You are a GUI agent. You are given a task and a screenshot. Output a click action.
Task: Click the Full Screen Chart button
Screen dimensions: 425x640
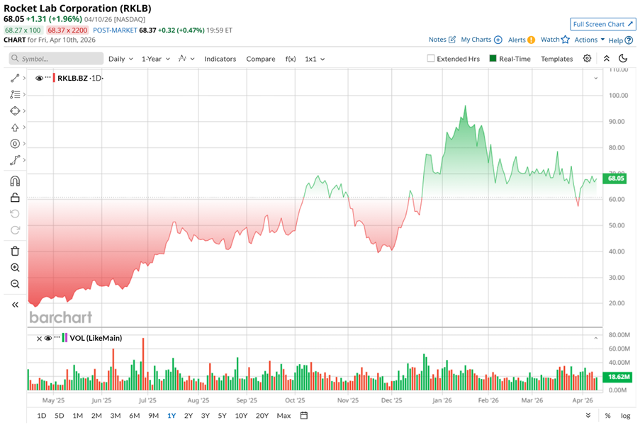click(603, 24)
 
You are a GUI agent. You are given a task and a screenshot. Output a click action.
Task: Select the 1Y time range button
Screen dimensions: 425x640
click(172, 415)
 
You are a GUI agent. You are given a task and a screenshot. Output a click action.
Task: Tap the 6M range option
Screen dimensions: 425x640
click(134, 415)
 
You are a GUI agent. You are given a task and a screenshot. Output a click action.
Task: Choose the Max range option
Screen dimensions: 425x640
click(283, 415)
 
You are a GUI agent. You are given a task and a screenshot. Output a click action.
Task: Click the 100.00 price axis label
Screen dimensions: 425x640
click(619, 96)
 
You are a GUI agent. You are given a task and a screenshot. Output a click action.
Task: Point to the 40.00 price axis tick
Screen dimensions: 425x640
click(619, 251)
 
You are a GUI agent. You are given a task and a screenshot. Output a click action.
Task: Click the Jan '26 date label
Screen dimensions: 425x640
click(443, 399)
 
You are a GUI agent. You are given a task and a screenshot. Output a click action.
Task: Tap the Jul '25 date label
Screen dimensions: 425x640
click(147, 399)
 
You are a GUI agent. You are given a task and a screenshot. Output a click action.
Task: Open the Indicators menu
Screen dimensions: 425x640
click(220, 59)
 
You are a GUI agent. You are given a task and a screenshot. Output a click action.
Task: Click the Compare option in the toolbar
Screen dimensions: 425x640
click(261, 59)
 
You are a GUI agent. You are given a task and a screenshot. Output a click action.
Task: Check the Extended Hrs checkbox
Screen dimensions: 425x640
click(431, 59)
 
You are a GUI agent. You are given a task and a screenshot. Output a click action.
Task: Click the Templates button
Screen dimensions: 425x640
click(556, 59)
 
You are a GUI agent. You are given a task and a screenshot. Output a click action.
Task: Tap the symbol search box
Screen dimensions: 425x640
click(57, 59)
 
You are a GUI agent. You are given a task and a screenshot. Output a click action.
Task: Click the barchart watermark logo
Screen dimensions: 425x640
click(61, 317)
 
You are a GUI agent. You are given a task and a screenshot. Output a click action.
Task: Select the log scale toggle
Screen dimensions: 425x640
click(625, 415)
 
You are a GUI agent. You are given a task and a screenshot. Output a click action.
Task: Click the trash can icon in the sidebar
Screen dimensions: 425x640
click(15, 251)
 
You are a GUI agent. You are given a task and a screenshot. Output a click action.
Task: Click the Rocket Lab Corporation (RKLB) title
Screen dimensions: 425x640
click(77, 8)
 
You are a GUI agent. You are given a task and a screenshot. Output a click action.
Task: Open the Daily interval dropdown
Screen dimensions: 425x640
click(120, 59)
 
